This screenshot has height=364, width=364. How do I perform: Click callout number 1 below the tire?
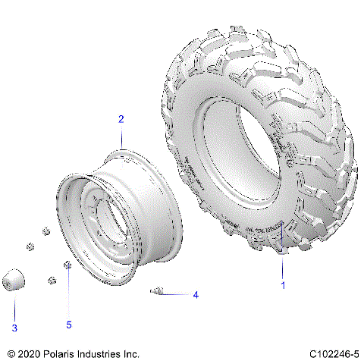(283, 286)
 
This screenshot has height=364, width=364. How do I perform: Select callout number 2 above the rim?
(121, 119)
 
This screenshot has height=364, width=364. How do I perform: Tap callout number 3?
(13, 328)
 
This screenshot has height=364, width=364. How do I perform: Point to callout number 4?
(195, 294)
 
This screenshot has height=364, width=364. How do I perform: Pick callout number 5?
(68, 325)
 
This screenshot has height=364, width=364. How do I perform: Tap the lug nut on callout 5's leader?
(67, 265)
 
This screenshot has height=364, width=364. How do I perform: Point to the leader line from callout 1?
(282, 269)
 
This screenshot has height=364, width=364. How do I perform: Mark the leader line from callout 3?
(14, 307)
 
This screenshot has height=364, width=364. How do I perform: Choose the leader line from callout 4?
(177, 293)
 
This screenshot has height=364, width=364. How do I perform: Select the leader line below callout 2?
(121, 137)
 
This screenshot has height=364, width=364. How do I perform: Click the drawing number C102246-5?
(334, 353)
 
